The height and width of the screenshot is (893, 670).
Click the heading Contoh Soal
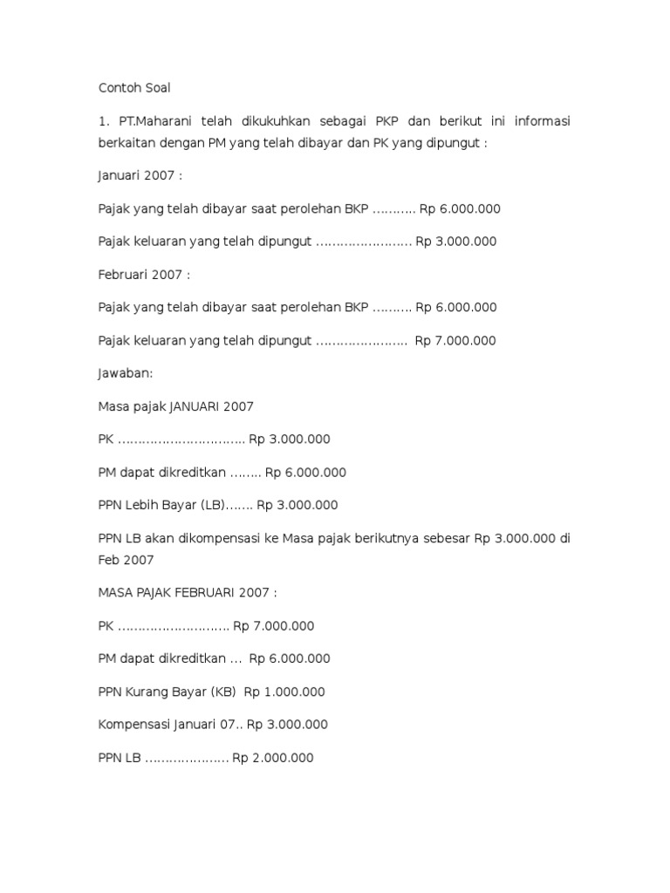coord(135,88)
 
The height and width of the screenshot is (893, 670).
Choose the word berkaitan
coord(127,142)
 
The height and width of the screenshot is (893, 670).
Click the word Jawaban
coord(125,373)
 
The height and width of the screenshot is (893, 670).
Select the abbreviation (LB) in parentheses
coord(212,505)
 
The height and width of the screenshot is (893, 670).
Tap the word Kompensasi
coord(135,725)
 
